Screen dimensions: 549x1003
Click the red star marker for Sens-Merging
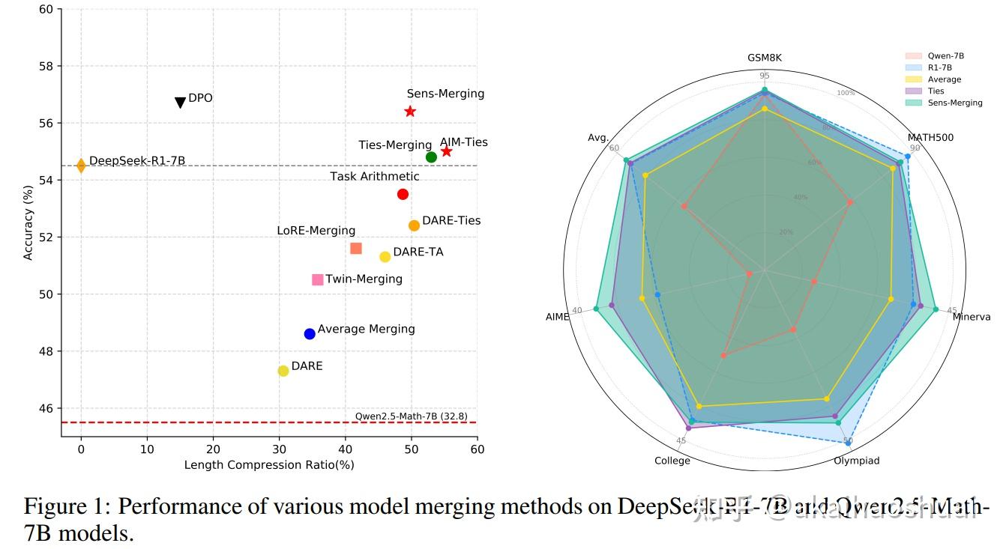tap(410, 112)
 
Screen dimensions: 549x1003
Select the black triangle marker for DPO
tap(180, 102)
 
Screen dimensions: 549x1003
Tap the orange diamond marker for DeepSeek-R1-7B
tap(81, 166)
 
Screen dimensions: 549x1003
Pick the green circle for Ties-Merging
tap(431, 157)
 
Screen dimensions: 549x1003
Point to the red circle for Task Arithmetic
tap(403, 195)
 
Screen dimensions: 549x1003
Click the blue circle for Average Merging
tap(310, 334)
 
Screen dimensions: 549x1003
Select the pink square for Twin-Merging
tap(318, 279)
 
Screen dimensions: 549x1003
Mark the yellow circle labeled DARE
tap(283, 371)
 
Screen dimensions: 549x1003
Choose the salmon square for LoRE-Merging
tap(356, 249)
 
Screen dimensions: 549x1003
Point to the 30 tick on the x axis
tap(279, 449)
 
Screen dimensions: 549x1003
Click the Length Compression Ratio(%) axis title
tap(269, 465)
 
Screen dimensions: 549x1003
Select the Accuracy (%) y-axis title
tap(28, 223)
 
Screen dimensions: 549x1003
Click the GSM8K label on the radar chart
tap(764, 58)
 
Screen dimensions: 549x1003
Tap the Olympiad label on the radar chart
tap(856, 461)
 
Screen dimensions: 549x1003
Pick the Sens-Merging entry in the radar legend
tap(954, 103)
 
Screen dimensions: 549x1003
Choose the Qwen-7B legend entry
tap(945, 55)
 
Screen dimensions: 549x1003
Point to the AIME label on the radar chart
tap(558, 317)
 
